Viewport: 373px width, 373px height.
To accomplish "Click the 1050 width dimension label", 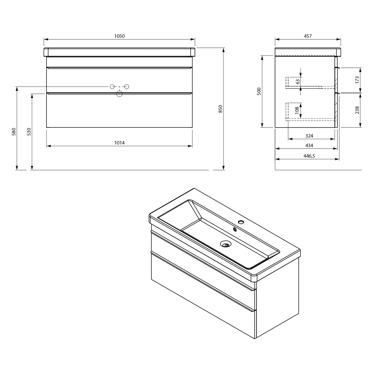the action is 119,36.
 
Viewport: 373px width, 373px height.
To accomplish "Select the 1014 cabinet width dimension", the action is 119,143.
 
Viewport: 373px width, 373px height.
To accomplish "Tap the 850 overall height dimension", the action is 220,109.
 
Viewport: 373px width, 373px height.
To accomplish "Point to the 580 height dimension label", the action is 14,132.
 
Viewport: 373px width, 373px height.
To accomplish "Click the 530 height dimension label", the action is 29,132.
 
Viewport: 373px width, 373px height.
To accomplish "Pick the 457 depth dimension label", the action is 308,36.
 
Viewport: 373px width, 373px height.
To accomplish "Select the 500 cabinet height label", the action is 259,91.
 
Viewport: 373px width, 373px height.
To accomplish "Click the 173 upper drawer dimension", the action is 357,80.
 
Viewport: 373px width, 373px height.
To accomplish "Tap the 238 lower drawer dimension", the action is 357,110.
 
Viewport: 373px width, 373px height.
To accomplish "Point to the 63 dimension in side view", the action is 298,82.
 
